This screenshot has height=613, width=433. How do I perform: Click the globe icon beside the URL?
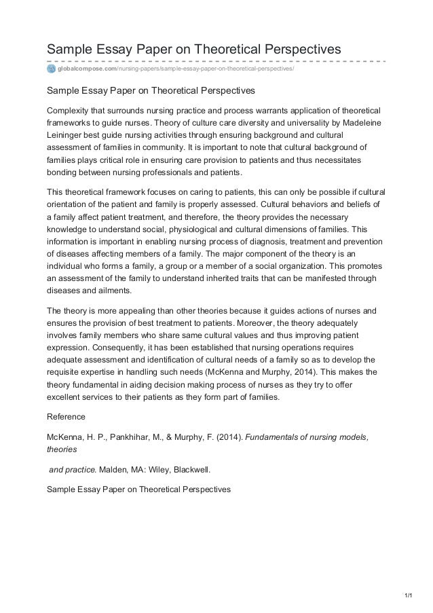[x=51, y=68]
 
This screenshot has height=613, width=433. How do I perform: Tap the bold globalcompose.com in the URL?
[x=87, y=68]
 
